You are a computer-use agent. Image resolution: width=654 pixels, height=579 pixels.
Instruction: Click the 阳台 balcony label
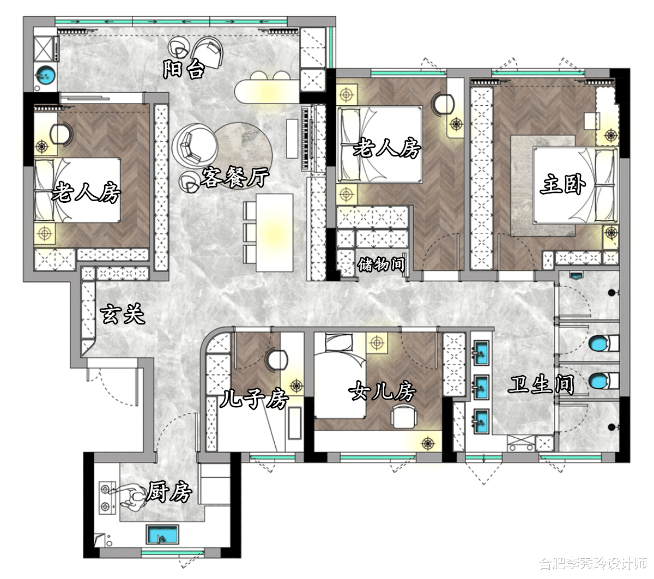pos(183,69)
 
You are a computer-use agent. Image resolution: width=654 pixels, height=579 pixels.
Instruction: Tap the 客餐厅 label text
pos(235,177)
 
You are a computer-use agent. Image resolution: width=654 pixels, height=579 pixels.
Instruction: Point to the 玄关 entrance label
pos(122,313)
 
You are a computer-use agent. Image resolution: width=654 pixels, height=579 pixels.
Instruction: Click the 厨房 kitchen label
pos(169,491)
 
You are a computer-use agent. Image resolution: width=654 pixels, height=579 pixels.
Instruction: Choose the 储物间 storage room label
pos(381,264)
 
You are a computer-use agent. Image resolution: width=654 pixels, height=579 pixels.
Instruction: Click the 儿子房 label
pos(254,399)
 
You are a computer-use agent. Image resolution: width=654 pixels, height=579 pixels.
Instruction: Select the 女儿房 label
pos(382,391)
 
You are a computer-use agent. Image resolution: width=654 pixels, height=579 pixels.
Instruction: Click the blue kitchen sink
pos(162,534)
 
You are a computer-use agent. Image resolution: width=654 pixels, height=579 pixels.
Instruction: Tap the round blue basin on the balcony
pos(45,75)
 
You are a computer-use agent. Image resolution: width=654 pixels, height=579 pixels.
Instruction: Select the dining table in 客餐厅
pos(274,232)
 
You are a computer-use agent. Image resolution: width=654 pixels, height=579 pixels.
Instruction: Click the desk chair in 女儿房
pos(403,416)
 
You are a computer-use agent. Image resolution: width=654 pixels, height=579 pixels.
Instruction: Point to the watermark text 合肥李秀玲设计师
pos(593,563)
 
